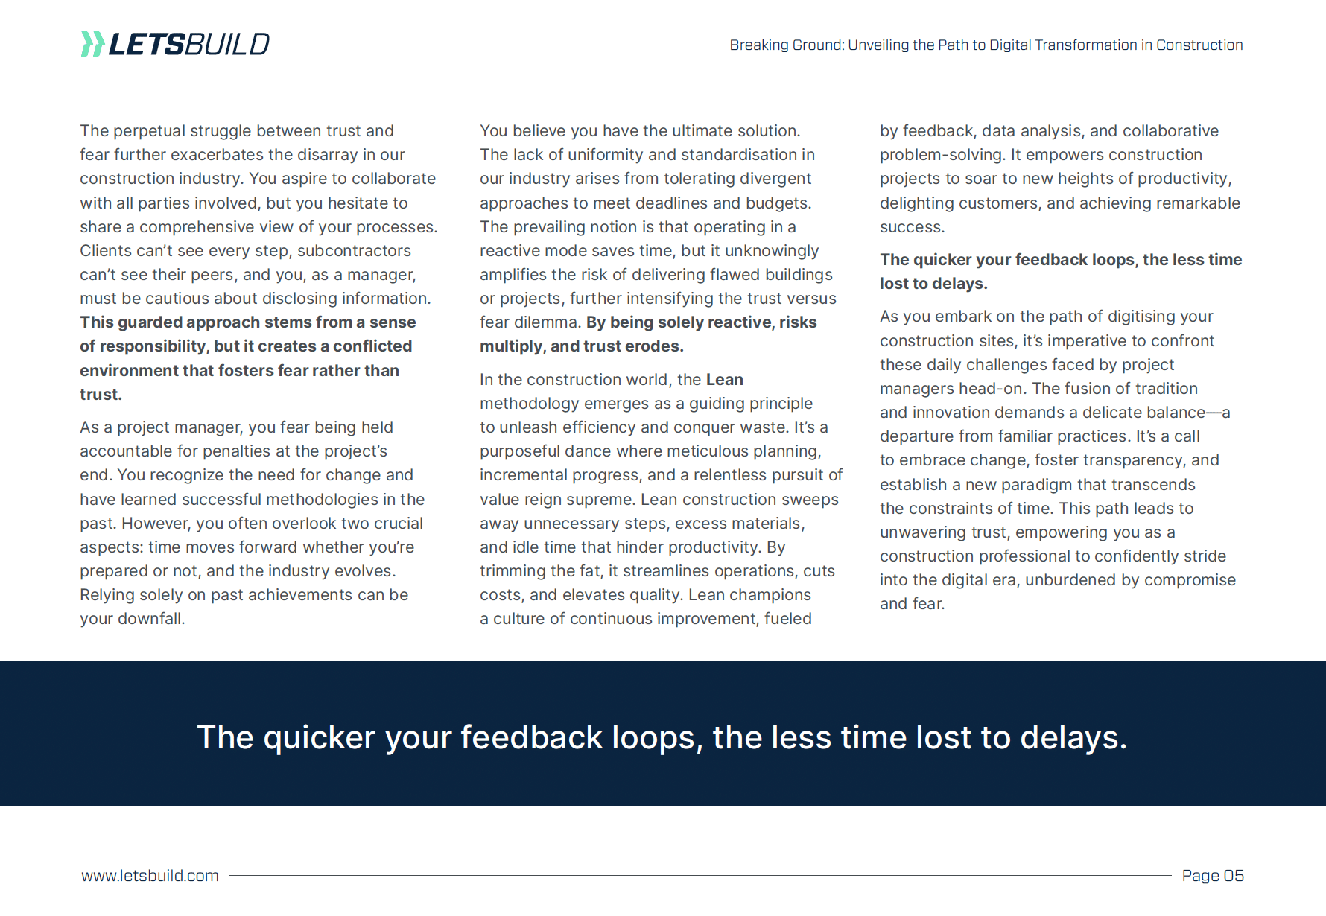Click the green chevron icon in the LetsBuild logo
(92, 44)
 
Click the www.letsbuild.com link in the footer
(150, 875)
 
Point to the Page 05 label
(1213, 875)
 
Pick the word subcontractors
(354, 251)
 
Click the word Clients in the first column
(105, 251)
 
